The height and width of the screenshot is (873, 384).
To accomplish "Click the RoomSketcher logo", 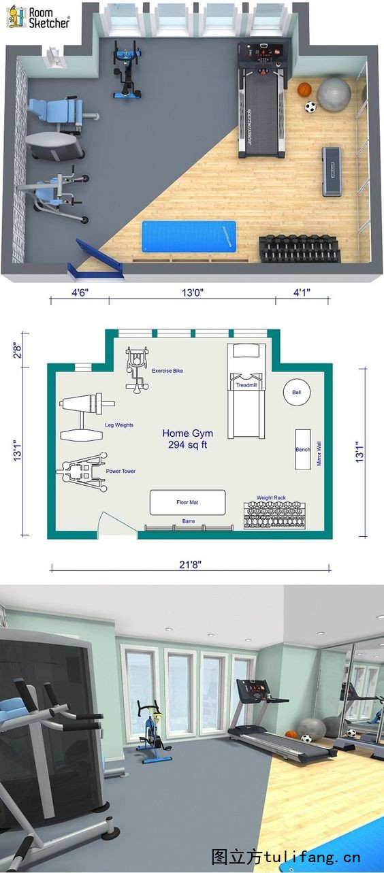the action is (x=39, y=18).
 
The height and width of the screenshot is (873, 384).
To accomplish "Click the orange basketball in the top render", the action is (x=304, y=89).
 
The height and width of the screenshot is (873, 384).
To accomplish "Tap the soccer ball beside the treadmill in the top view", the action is (x=310, y=107).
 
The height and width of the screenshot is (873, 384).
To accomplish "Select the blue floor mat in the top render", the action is (x=189, y=237).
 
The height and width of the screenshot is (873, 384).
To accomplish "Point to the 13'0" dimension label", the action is (x=193, y=292).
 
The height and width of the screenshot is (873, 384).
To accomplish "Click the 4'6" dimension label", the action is (x=80, y=292).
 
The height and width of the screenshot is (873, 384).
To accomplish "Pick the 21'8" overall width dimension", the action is (x=191, y=564).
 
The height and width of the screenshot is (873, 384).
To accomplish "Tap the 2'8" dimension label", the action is (x=18, y=350).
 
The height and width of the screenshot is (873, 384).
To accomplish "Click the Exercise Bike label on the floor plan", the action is (x=167, y=371).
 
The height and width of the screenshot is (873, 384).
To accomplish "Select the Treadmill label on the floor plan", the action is (x=246, y=385).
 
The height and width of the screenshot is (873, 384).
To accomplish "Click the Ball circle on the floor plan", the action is (x=297, y=392).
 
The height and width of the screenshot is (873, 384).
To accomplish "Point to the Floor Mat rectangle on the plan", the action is (x=187, y=502).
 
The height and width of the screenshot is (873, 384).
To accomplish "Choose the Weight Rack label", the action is (x=271, y=497).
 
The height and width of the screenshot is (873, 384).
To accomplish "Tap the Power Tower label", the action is (x=121, y=471).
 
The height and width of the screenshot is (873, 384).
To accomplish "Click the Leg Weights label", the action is (x=119, y=425).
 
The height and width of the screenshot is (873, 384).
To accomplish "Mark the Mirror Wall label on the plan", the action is (x=319, y=454).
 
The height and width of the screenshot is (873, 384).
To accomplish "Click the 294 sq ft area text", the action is (x=187, y=445).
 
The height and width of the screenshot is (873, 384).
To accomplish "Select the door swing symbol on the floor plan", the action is (x=117, y=523).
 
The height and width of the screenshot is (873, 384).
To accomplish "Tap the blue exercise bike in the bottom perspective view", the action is (x=153, y=732).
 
